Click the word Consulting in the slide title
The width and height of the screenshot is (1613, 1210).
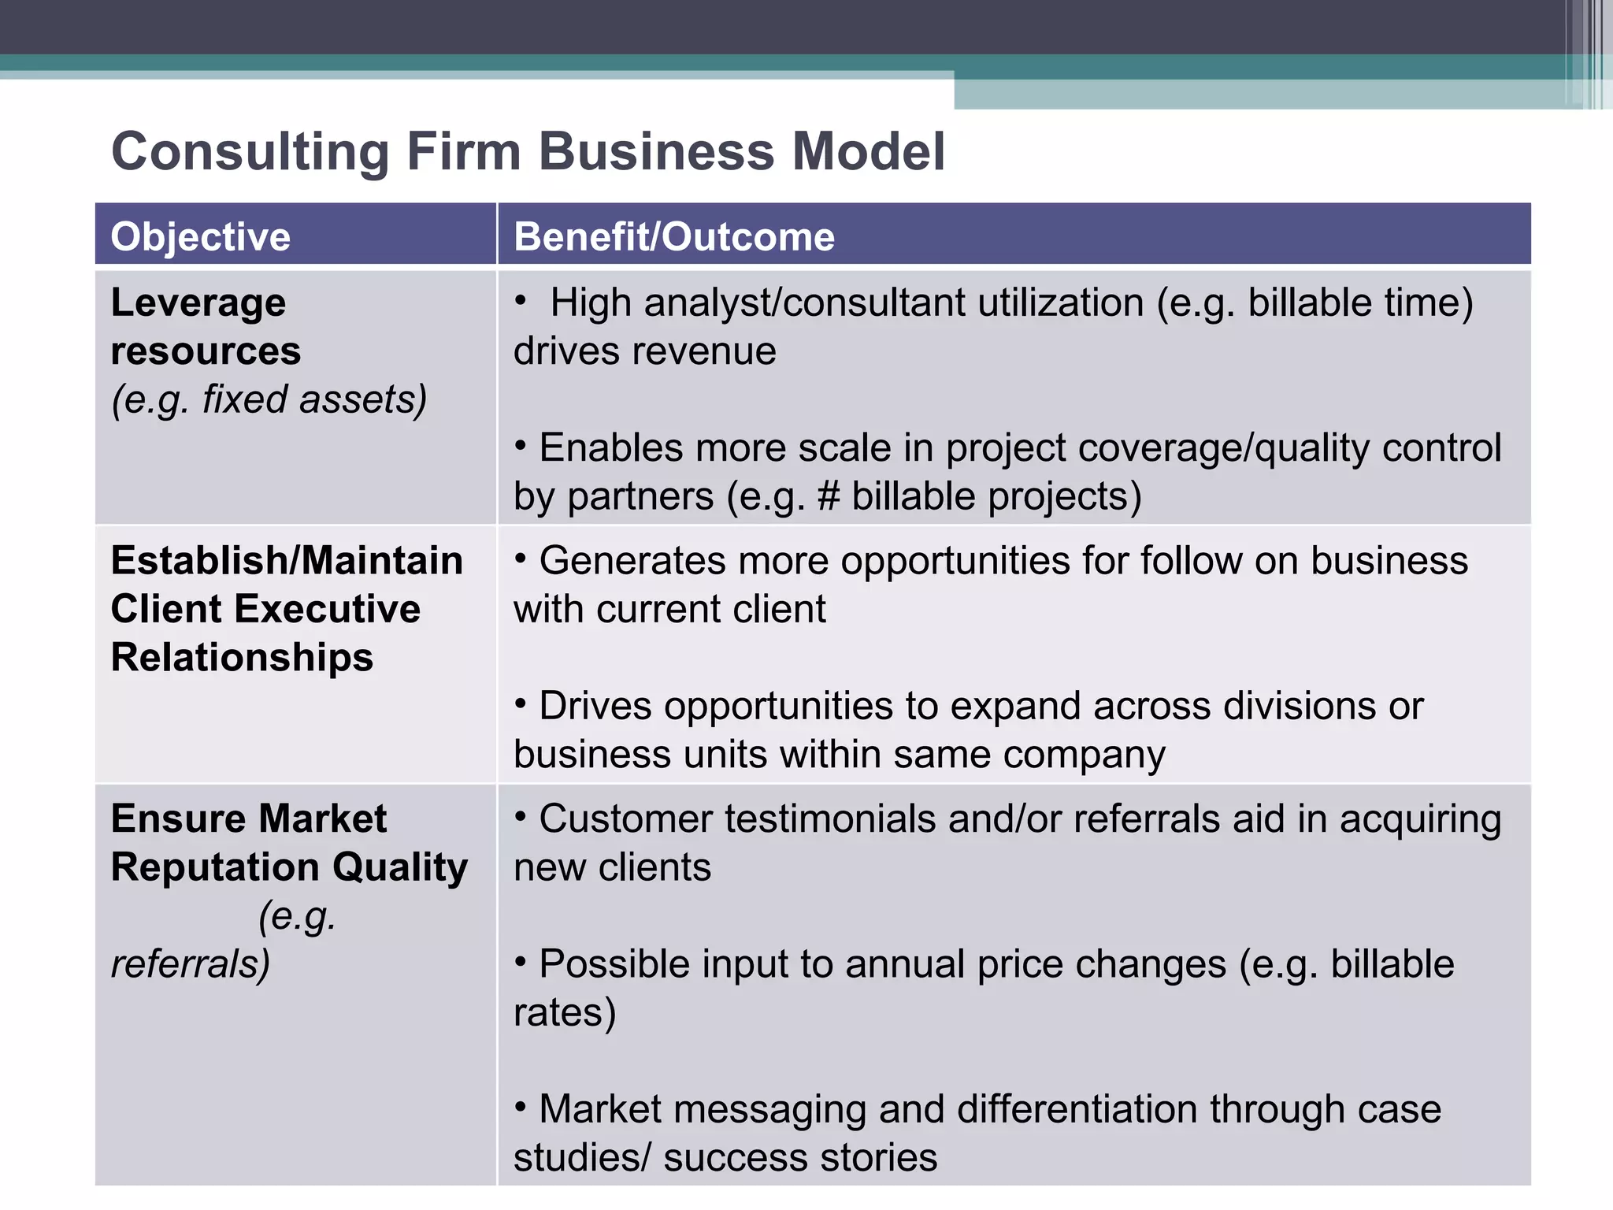(250, 151)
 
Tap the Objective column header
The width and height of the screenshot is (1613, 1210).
(201, 236)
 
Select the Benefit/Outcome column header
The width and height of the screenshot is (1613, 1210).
(674, 236)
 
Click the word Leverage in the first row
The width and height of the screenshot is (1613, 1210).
(198, 302)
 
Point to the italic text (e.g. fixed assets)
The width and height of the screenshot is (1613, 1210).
(269, 399)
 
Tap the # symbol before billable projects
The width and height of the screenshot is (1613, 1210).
(829, 497)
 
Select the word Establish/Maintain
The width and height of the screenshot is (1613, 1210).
(287, 561)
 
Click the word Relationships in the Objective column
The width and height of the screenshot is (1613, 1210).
(242, 658)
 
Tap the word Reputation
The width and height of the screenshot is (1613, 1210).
(215, 867)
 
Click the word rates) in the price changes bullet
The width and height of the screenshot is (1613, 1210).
(565, 1012)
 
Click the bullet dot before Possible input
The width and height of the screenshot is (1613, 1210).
(521, 960)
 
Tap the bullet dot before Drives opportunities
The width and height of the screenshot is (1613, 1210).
(521, 702)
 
